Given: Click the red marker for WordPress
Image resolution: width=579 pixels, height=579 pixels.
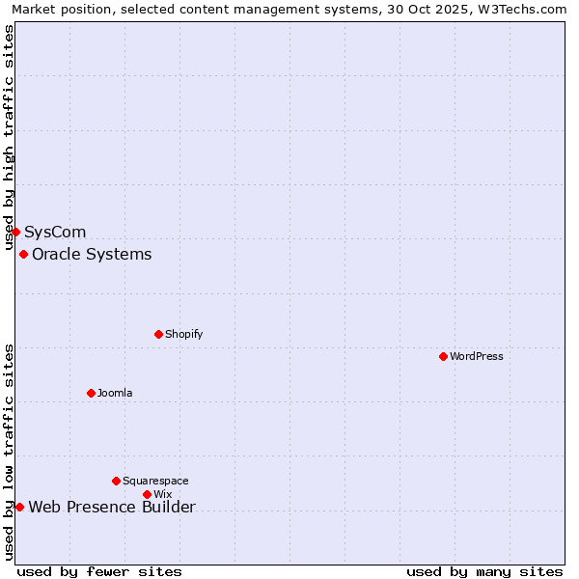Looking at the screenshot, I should click(443, 356).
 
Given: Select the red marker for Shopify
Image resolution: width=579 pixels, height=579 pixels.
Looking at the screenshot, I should click(158, 334).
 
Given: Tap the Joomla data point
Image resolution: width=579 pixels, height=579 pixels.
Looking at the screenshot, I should click(91, 393).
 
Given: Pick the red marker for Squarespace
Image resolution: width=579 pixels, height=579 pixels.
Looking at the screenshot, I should click(116, 481).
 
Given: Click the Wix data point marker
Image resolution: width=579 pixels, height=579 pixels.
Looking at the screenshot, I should click(147, 494).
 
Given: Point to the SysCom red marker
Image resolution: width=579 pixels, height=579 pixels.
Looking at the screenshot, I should click(15, 232).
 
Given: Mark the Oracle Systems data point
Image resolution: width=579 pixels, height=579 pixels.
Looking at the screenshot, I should click(23, 254).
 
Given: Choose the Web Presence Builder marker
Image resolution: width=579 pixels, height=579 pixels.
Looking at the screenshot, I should click(19, 507).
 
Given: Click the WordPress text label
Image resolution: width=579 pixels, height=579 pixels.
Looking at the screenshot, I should click(477, 356).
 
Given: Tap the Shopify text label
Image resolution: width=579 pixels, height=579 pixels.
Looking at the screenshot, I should click(183, 334).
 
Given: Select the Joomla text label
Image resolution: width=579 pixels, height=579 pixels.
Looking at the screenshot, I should click(115, 393).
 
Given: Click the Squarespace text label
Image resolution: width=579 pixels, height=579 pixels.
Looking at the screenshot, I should click(155, 481).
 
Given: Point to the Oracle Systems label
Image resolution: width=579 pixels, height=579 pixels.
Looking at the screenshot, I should click(92, 255).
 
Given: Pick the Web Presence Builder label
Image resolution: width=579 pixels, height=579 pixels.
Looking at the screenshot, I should click(112, 508).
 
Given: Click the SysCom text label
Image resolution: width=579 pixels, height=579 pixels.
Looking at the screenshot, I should click(55, 233).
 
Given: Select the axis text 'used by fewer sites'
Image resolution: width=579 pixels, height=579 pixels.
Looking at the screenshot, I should click(99, 571).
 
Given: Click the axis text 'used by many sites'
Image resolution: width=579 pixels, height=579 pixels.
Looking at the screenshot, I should click(484, 571).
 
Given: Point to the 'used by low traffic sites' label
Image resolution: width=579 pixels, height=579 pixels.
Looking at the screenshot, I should click(10, 452).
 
